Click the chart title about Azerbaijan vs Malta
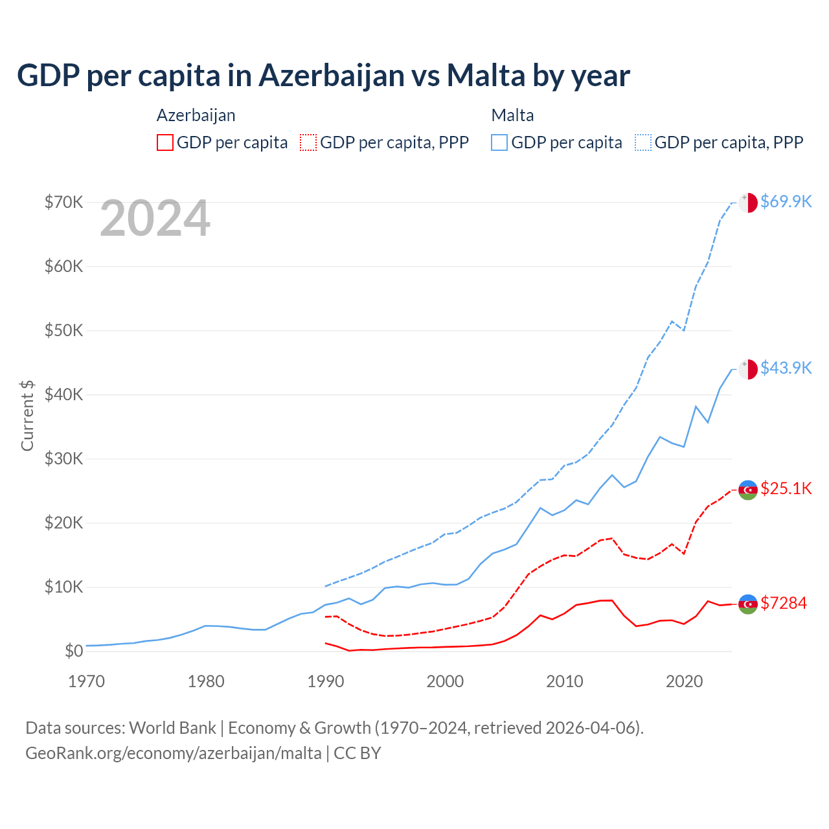click(x=323, y=76)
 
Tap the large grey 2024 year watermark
click(x=155, y=219)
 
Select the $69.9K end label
click(x=786, y=201)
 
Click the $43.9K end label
click(x=786, y=368)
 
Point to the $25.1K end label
click(x=786, y=488)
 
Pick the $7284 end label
click(x=784, y=603)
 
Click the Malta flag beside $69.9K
click(x=748, y=202)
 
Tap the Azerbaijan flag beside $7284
click(x=748, y=604)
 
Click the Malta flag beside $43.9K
click(x=748, y=369)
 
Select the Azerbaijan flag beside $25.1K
click(x=748, y=490)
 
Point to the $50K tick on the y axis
click(x=63, y=330)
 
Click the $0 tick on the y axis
click(x=74, y=651)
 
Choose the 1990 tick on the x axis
click(x=325, y=681)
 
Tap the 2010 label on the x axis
click(x=565, y=681)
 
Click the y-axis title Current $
click(x=27, y=415)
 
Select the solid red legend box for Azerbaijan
click(x=165, y=142)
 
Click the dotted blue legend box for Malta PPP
click(x=643, y=142)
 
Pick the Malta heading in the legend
click(x=512, y=115)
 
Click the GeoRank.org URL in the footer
click(x=174, y=753)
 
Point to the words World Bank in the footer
click(x=172, y=728)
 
